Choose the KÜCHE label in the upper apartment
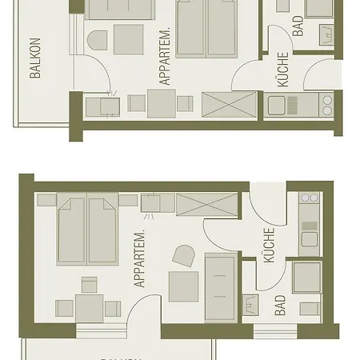[282, 70]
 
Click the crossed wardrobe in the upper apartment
[230, 104]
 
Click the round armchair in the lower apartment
[185, 256]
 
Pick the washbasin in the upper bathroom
[326, 34]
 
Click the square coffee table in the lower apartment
[183, 286]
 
